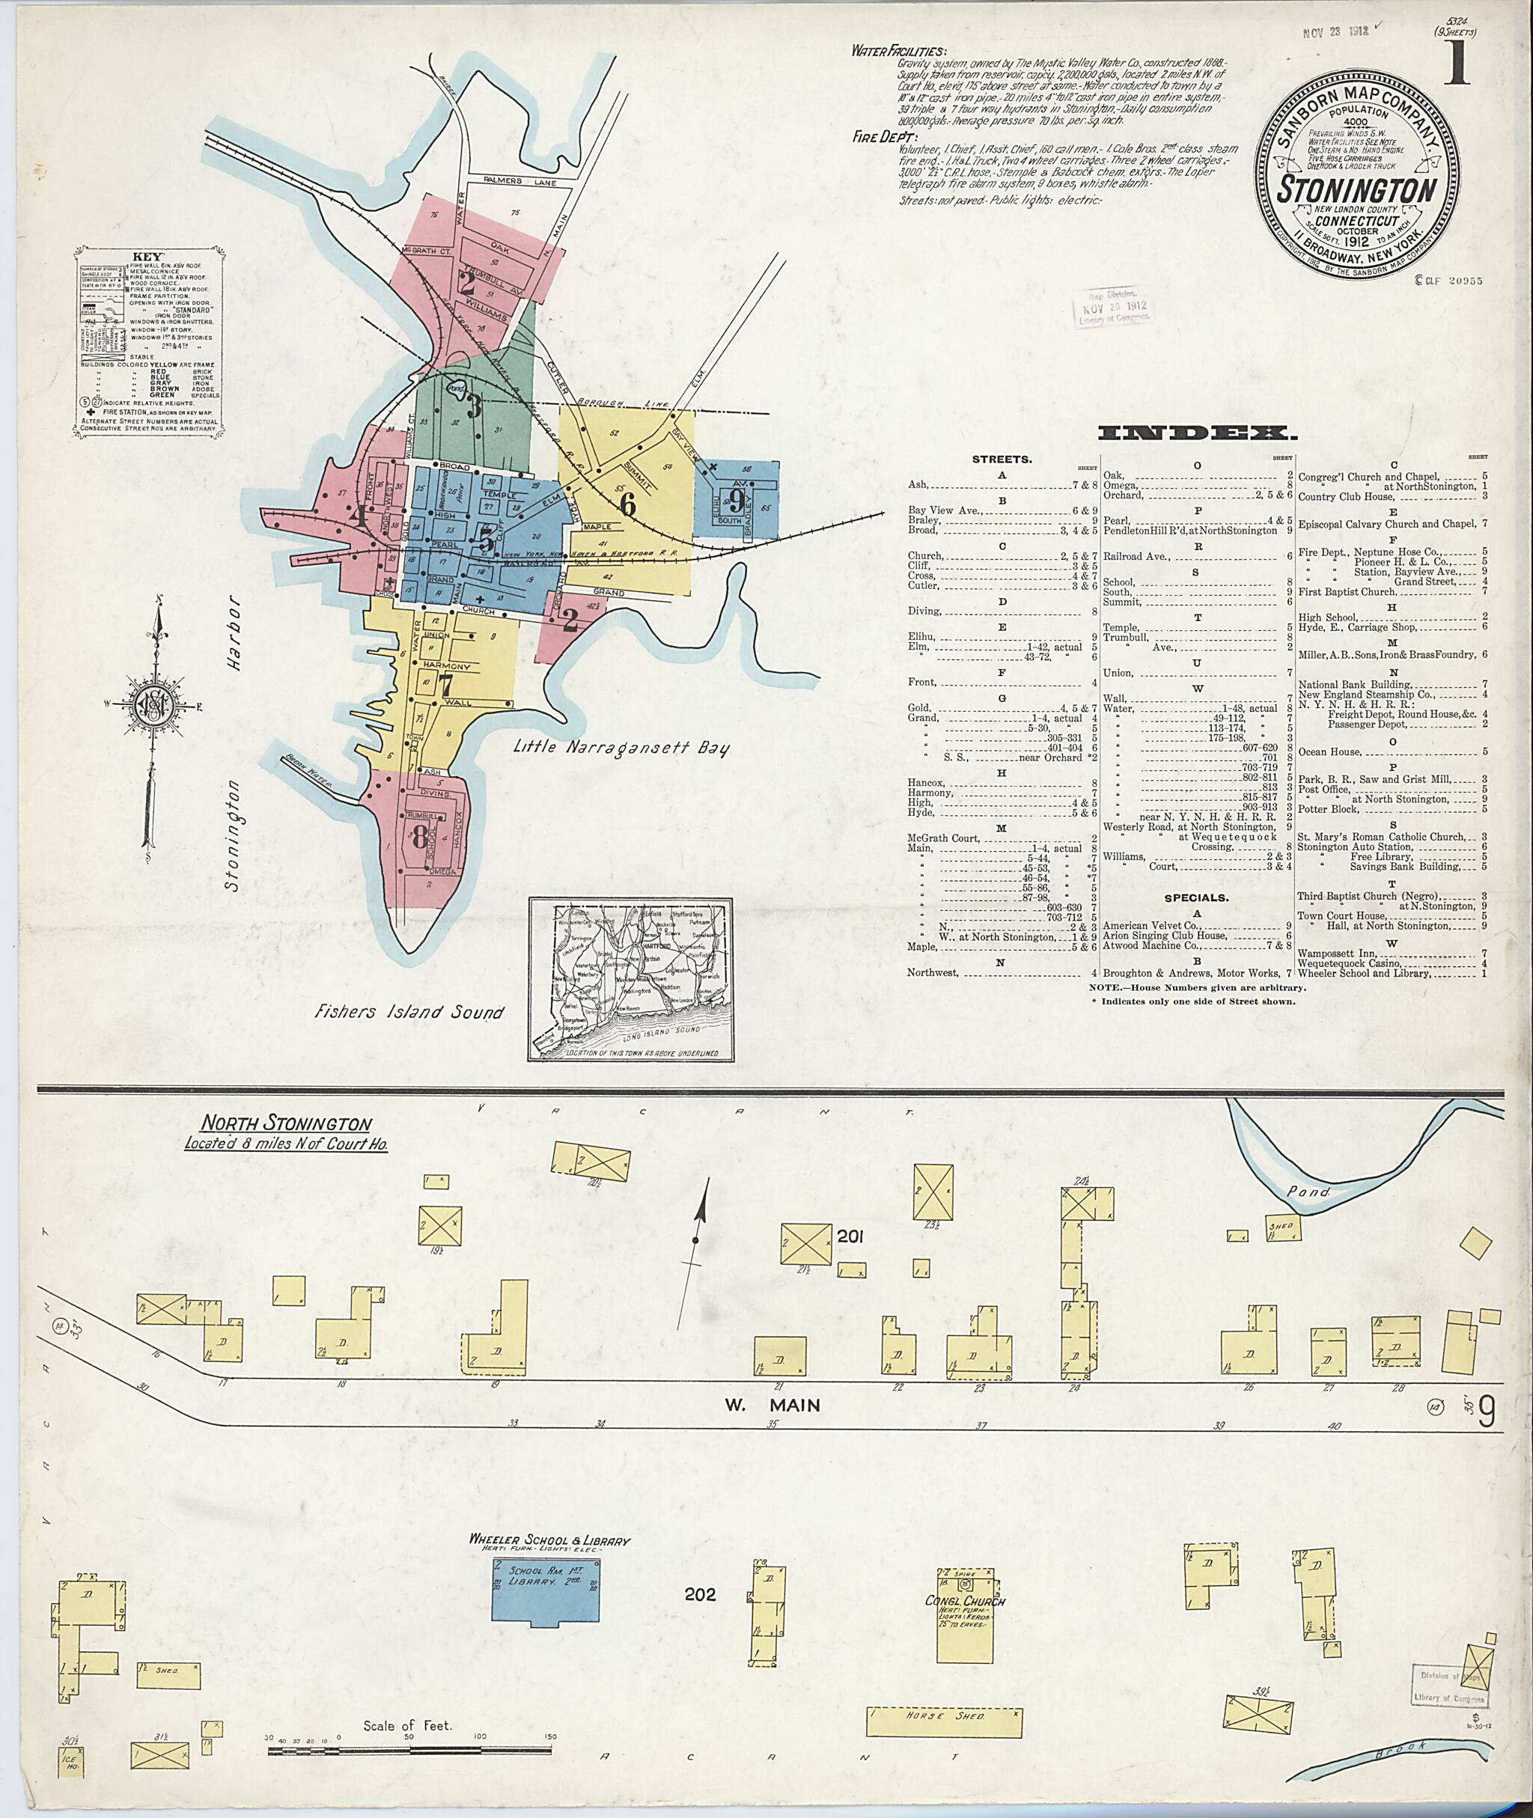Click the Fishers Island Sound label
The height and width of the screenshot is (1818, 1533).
click(409, 1012)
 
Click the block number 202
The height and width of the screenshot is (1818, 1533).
click(700, 1595)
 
